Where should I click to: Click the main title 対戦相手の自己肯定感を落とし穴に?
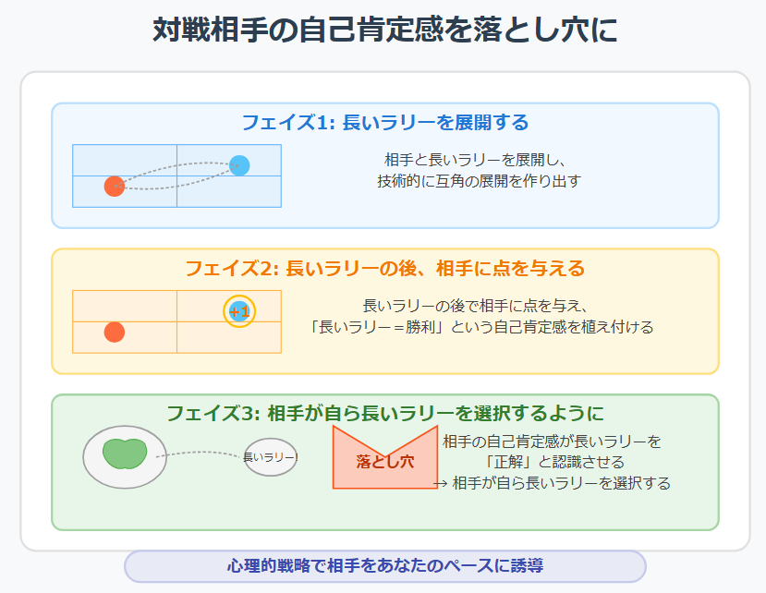[385, 30]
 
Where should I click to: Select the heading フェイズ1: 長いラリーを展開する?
[385, 122]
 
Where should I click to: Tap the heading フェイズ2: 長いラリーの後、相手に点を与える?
[385, 268]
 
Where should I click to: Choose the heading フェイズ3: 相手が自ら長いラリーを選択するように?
[385, 413]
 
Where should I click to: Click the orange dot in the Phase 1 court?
[115, 186]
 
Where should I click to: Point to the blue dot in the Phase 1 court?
[239, 165]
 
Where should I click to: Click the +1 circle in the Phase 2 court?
[239, 311]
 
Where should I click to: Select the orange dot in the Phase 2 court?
[115, 333]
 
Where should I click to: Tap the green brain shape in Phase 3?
[125, 454]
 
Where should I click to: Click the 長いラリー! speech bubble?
[271, 457]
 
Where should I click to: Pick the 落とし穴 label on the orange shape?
[385, 462]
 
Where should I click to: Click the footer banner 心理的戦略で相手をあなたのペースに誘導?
[385, 566]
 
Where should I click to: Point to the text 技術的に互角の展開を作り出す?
[479, 181]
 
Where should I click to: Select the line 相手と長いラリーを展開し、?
[475, 160]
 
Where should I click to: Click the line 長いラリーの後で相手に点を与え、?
[475, 306]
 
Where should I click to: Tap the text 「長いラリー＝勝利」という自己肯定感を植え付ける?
[480, 327]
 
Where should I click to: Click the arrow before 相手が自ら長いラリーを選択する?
[440, 484]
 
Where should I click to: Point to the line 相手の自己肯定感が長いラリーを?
[552, 442]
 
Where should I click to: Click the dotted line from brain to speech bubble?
[201, 453]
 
